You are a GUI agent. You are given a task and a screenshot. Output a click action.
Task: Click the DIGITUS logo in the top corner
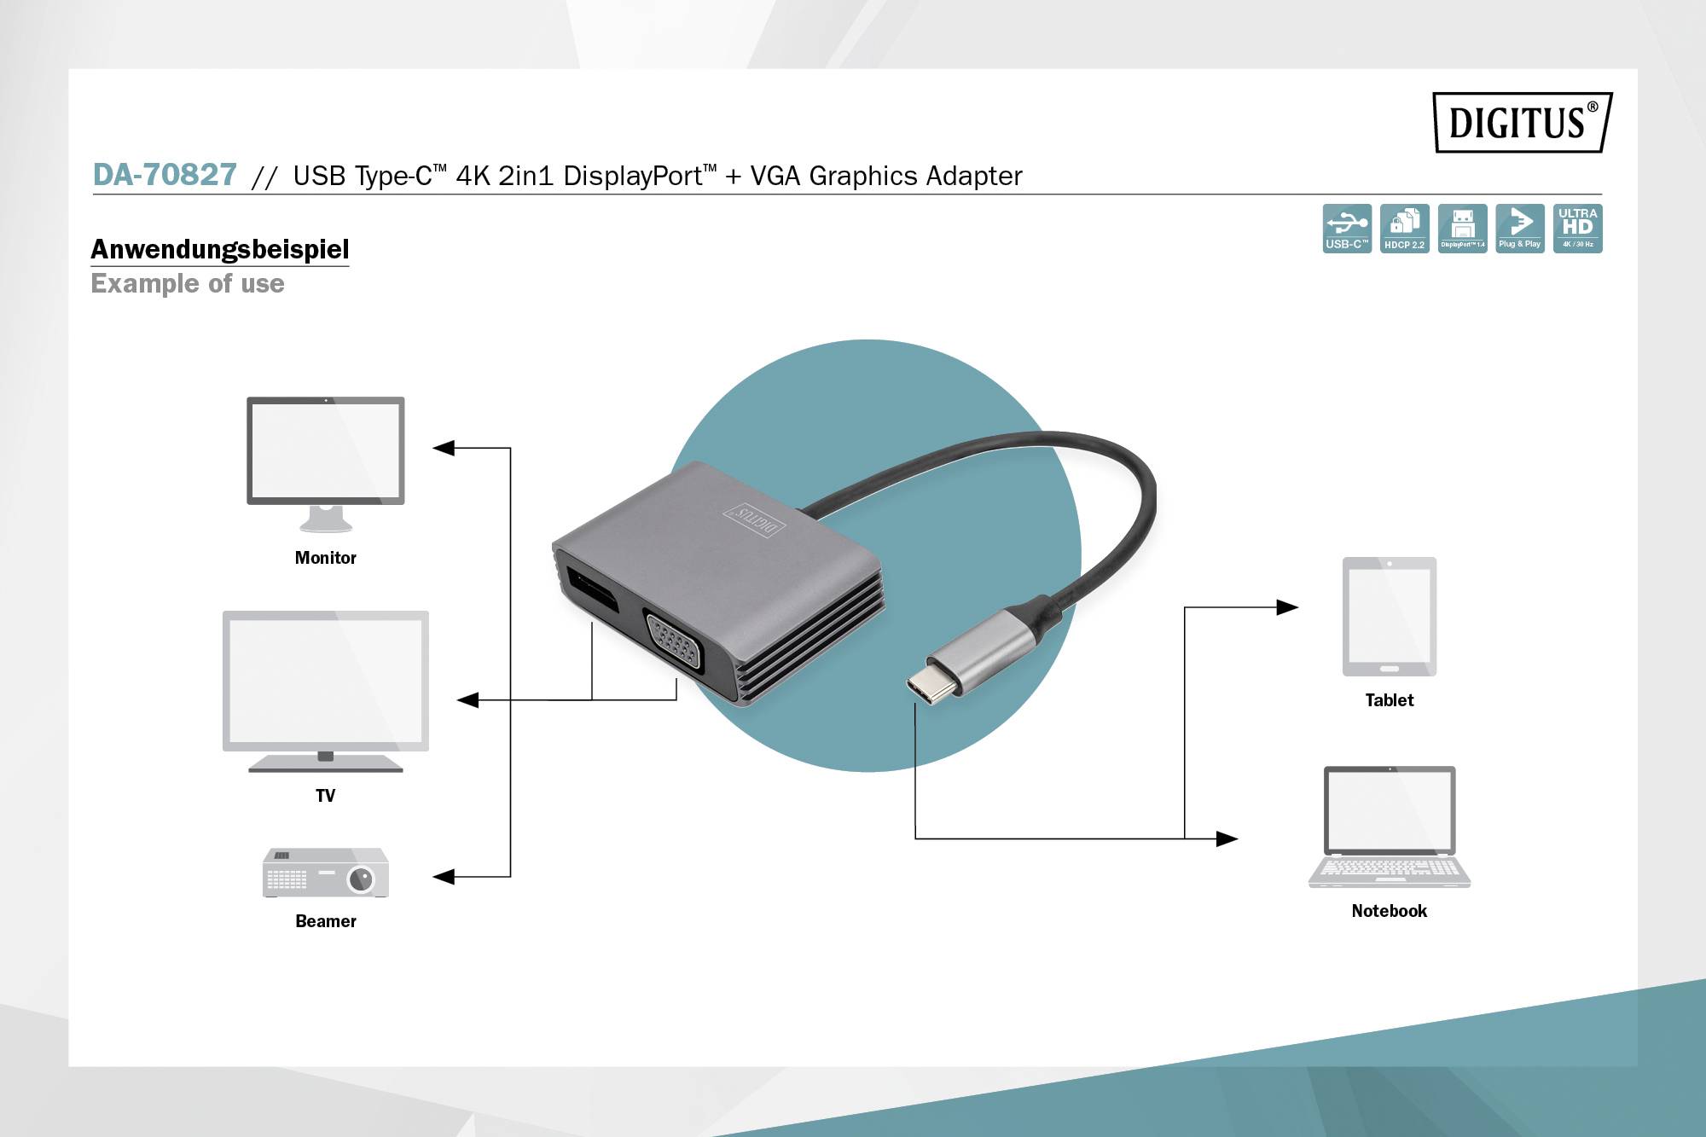(x=1522, y=122)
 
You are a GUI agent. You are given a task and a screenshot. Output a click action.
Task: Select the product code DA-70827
(x=165, y=175)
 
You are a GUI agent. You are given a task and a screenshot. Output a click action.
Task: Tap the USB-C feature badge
(x=1347, y=228)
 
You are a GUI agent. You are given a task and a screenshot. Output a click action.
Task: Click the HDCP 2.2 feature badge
(x=1404, y=228)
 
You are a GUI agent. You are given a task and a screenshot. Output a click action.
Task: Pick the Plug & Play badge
(x=1519, y=228)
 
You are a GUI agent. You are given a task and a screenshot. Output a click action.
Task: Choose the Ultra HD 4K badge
(x=1577, y=228)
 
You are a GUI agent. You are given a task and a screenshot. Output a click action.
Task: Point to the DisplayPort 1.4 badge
(x=1462, y=228)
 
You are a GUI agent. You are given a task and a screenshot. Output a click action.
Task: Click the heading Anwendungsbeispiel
(x=219, y=249)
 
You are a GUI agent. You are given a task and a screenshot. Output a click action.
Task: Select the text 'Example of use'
(x=188, y=283)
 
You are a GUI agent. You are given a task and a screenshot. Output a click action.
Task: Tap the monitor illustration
(x=325, y=461)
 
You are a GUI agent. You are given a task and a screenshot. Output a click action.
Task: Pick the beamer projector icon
(x=325, y=873)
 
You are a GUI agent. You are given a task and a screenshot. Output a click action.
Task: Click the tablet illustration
(x=1389, y=616)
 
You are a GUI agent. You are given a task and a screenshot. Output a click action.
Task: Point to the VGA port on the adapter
(x=673, y=642)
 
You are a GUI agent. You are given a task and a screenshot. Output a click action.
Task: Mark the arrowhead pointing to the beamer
(x=444, y=876)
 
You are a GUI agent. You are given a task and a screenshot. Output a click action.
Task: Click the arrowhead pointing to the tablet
(x=1287, y=607)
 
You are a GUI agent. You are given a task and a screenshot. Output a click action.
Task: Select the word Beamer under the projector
(x=325, y=921)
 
